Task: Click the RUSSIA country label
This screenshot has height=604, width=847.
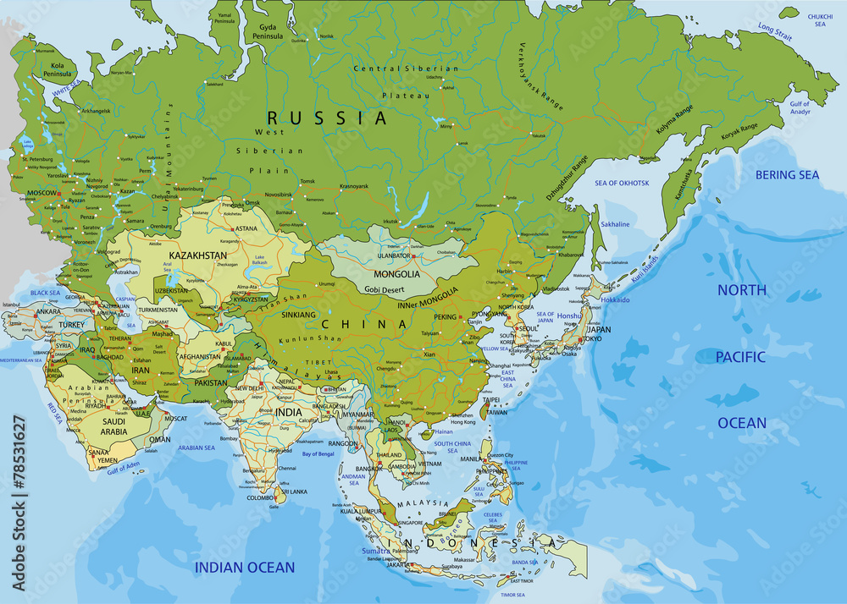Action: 327,118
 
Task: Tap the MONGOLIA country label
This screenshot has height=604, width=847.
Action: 397,274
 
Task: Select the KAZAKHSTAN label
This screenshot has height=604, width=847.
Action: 197,255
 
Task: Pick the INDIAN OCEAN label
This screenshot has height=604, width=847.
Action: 245,567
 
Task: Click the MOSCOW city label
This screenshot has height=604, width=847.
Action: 42,193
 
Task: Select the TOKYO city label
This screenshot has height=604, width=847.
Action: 592,339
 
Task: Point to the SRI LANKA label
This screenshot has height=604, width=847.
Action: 295,491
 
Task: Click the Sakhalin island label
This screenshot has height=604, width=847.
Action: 615,224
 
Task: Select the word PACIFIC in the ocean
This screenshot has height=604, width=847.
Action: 742,357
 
